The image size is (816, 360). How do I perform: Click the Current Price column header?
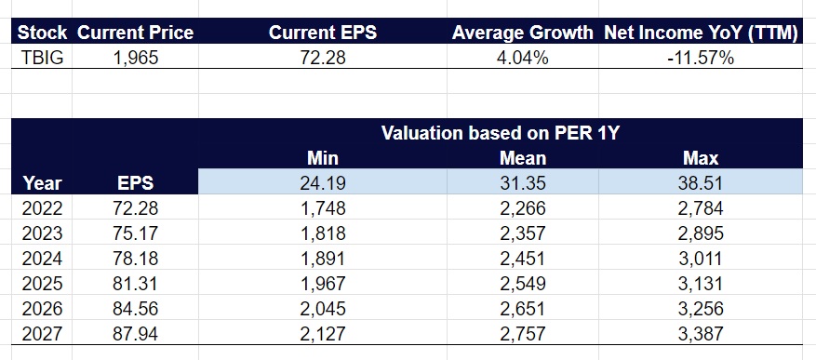pyautogui.click(x=135, y=33)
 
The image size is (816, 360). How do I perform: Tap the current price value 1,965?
pyautogui.click(x=136, y=57)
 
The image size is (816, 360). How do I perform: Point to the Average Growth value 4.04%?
pyautogui.click(x=522, y=57)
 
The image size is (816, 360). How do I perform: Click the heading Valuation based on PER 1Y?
pyautogui.click(x=501, y=133)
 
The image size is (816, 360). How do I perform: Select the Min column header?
pyautogui.click(x=322, y=158)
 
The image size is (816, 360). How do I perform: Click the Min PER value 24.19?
pyautogui.click(x=322, y=183)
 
